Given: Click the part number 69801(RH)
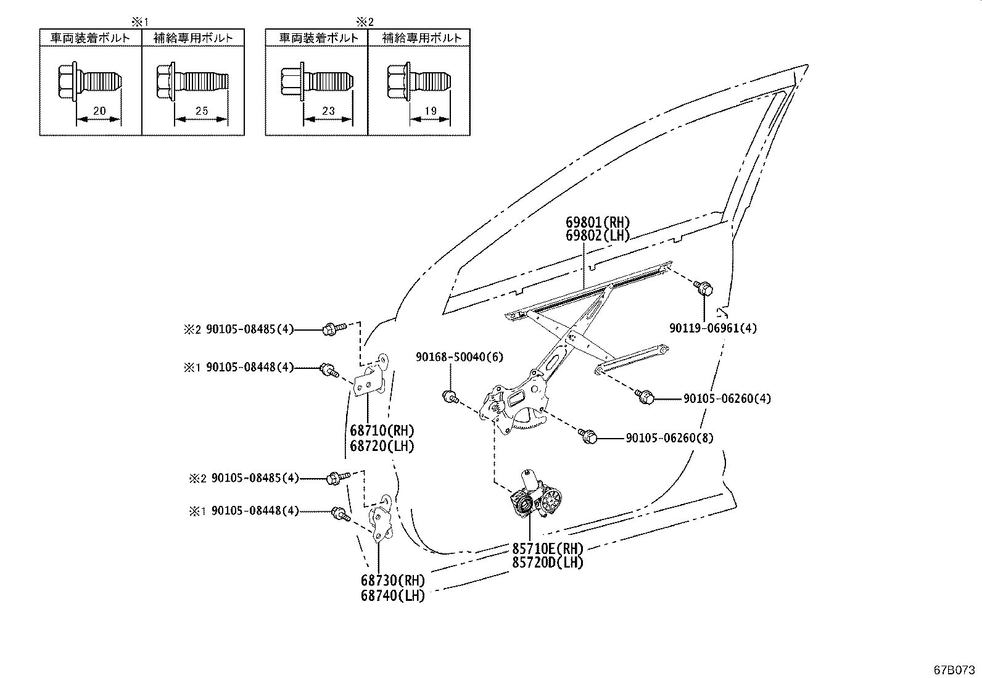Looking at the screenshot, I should point(598,223).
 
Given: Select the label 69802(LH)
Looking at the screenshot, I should point(598,235).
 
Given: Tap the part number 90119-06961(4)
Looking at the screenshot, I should point(713,328).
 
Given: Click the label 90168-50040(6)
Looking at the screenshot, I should point(450,357).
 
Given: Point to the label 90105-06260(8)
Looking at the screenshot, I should point(669,438).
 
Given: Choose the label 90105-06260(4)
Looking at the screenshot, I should point(727,399).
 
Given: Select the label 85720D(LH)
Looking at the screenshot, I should point(547,562).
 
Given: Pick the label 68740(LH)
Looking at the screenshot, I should point(393,596).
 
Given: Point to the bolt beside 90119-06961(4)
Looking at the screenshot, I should point(703,287).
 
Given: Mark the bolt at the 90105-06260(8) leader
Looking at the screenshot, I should point(588,436).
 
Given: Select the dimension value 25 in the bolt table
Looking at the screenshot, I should point(202,111).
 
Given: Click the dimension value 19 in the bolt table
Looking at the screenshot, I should point(430,111).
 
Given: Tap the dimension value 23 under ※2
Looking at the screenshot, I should point(328,111).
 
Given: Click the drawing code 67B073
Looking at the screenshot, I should point(955,669).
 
